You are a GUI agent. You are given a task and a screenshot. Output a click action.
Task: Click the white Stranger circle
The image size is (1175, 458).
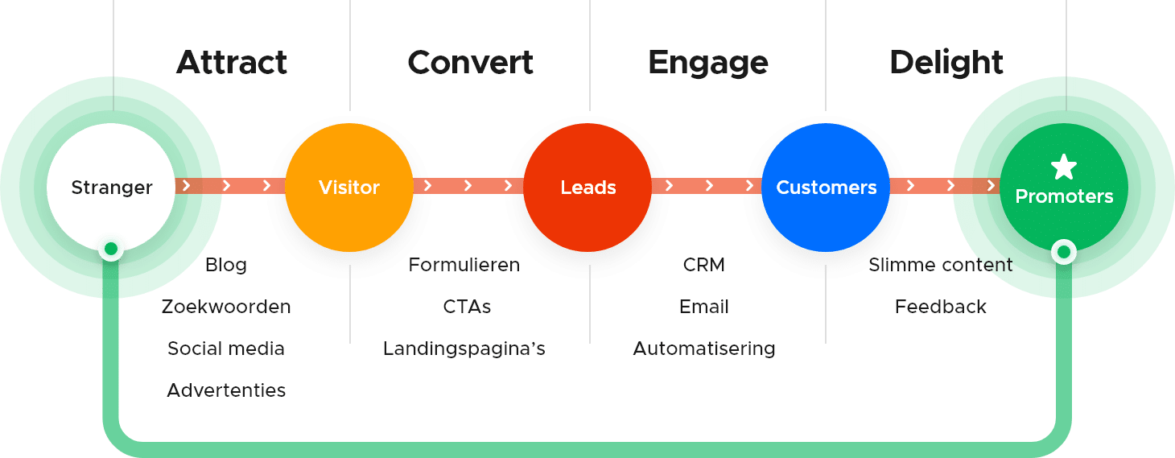[111, 188]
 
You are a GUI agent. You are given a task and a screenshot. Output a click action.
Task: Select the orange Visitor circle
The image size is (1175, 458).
[349, 188]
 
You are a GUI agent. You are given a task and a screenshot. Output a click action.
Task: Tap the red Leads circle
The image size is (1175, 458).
[588, 188]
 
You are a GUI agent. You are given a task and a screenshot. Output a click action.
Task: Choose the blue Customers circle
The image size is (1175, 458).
[826, 188]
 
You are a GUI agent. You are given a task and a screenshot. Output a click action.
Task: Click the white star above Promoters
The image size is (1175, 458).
[1064, 167]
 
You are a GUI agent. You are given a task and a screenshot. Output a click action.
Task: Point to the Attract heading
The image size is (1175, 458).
[232, 63]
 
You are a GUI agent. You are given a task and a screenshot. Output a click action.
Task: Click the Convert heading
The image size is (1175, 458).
[470, 63]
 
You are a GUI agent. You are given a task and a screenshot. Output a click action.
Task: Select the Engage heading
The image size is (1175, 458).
[708, 63]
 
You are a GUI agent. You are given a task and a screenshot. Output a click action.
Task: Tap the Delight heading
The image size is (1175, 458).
[946, 63]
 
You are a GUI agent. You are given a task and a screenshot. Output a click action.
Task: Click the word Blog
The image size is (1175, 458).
[226, 265]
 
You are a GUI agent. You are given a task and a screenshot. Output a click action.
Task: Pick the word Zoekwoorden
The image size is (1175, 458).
[226, 307]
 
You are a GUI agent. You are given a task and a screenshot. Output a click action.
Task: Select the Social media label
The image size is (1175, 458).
[226, 349]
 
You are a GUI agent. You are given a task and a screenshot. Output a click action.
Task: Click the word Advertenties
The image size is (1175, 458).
[226, 390]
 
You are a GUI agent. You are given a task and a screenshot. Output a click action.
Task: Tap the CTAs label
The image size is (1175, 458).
[467, 307]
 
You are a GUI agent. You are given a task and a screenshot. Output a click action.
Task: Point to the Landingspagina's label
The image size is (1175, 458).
[464, 349]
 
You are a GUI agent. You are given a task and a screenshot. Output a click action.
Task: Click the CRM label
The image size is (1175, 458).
[704, 265]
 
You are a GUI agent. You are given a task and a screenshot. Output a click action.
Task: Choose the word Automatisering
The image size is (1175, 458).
[704, 349]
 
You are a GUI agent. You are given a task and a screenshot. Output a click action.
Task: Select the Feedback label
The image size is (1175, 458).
[941, 307]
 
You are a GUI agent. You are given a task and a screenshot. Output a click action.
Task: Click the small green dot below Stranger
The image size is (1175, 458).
[111, 250]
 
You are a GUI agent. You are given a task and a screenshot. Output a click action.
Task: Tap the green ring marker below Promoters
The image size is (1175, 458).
[1064, 253]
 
